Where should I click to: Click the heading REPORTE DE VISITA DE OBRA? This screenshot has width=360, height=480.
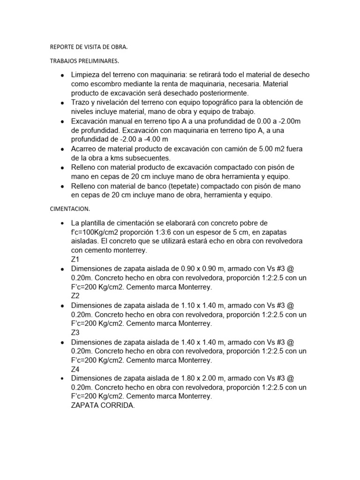pos(88,47)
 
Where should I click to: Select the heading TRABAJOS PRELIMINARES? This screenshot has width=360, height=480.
pos(84,61)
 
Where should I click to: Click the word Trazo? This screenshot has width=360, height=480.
pos(81,103)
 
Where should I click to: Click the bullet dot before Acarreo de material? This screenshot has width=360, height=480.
pos(62,149)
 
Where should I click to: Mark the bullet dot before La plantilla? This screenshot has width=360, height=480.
pos(62,223)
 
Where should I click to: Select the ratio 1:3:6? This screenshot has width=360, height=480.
pos(160,232)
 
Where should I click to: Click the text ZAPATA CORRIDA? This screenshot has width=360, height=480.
pos(103,406)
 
